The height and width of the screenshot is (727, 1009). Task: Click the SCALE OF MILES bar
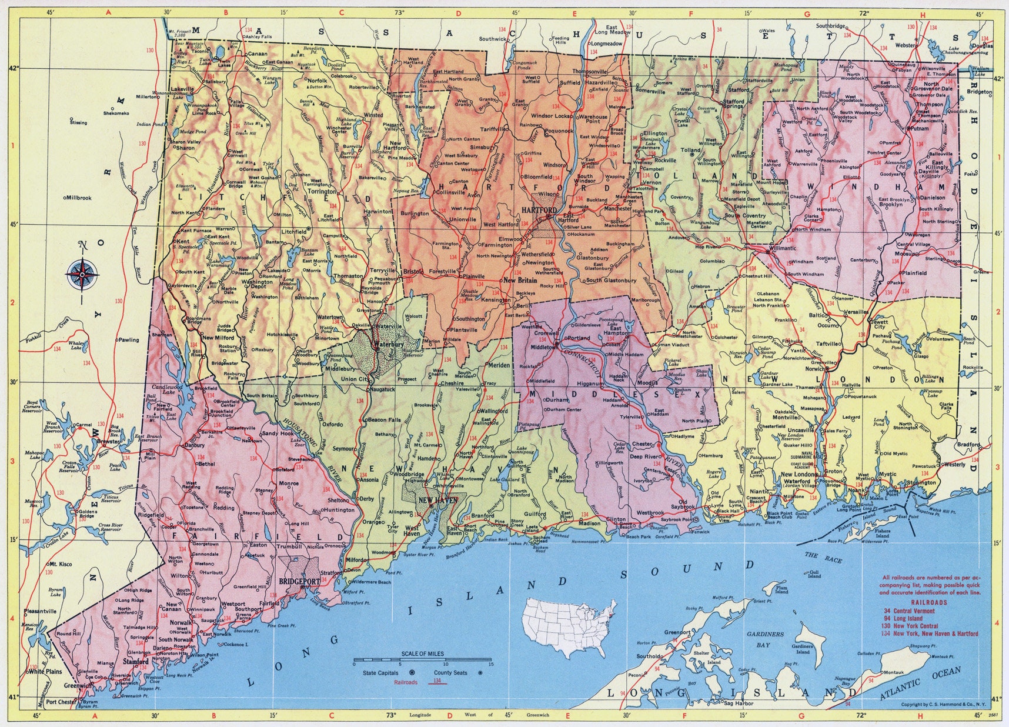click(x=422, y=659)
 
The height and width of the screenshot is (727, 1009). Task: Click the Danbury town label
click(x=195, y=445)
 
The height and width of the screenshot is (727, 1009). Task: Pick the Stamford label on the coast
click(x=135, y=662)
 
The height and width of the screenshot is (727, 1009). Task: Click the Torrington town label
click(x=319, y=192)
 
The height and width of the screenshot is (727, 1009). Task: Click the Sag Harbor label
click(x=739, y=703)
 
